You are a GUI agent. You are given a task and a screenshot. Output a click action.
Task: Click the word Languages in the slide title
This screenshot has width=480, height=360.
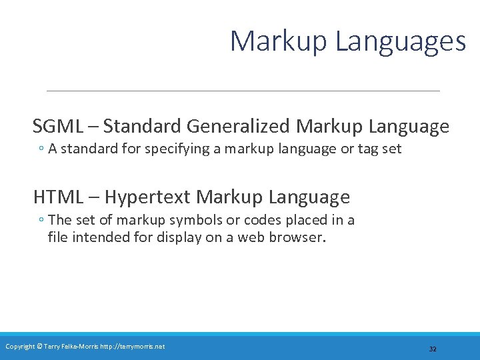point(401,42)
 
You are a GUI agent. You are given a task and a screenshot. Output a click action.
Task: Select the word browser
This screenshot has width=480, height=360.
point(298,237)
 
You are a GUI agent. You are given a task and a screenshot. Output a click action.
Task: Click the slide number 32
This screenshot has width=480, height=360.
point(433,349)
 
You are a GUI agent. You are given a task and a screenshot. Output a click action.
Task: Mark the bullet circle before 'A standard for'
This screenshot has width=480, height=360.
point(41,149)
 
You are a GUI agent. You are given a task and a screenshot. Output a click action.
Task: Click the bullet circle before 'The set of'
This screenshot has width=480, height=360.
point(41,221)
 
